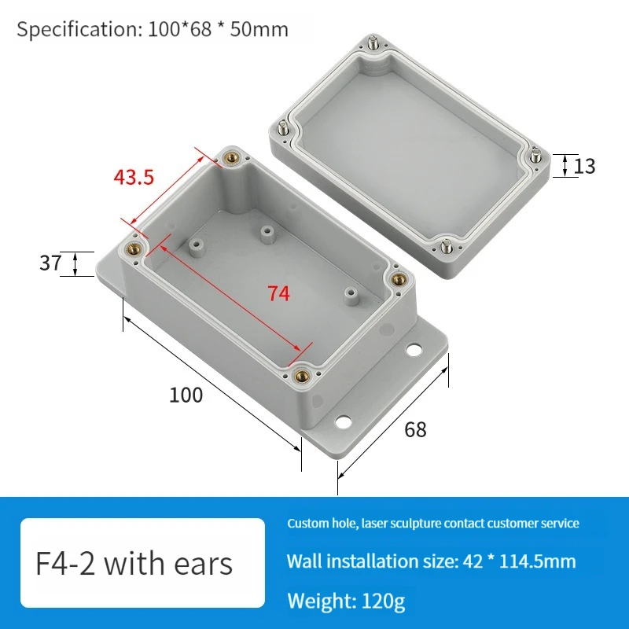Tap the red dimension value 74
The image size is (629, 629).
278,294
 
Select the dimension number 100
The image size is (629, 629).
186,395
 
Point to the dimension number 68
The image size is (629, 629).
415,429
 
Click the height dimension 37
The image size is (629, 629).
50,263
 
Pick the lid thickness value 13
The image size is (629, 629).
584,167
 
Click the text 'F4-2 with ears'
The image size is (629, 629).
134,564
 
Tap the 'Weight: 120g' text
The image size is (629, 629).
346,601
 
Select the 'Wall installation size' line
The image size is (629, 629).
431,561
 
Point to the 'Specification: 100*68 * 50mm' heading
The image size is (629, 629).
153,30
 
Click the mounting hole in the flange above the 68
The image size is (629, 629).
344,422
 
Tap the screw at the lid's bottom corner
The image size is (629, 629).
447,246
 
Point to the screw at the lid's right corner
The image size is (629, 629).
535,153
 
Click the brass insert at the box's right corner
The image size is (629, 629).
397,278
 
